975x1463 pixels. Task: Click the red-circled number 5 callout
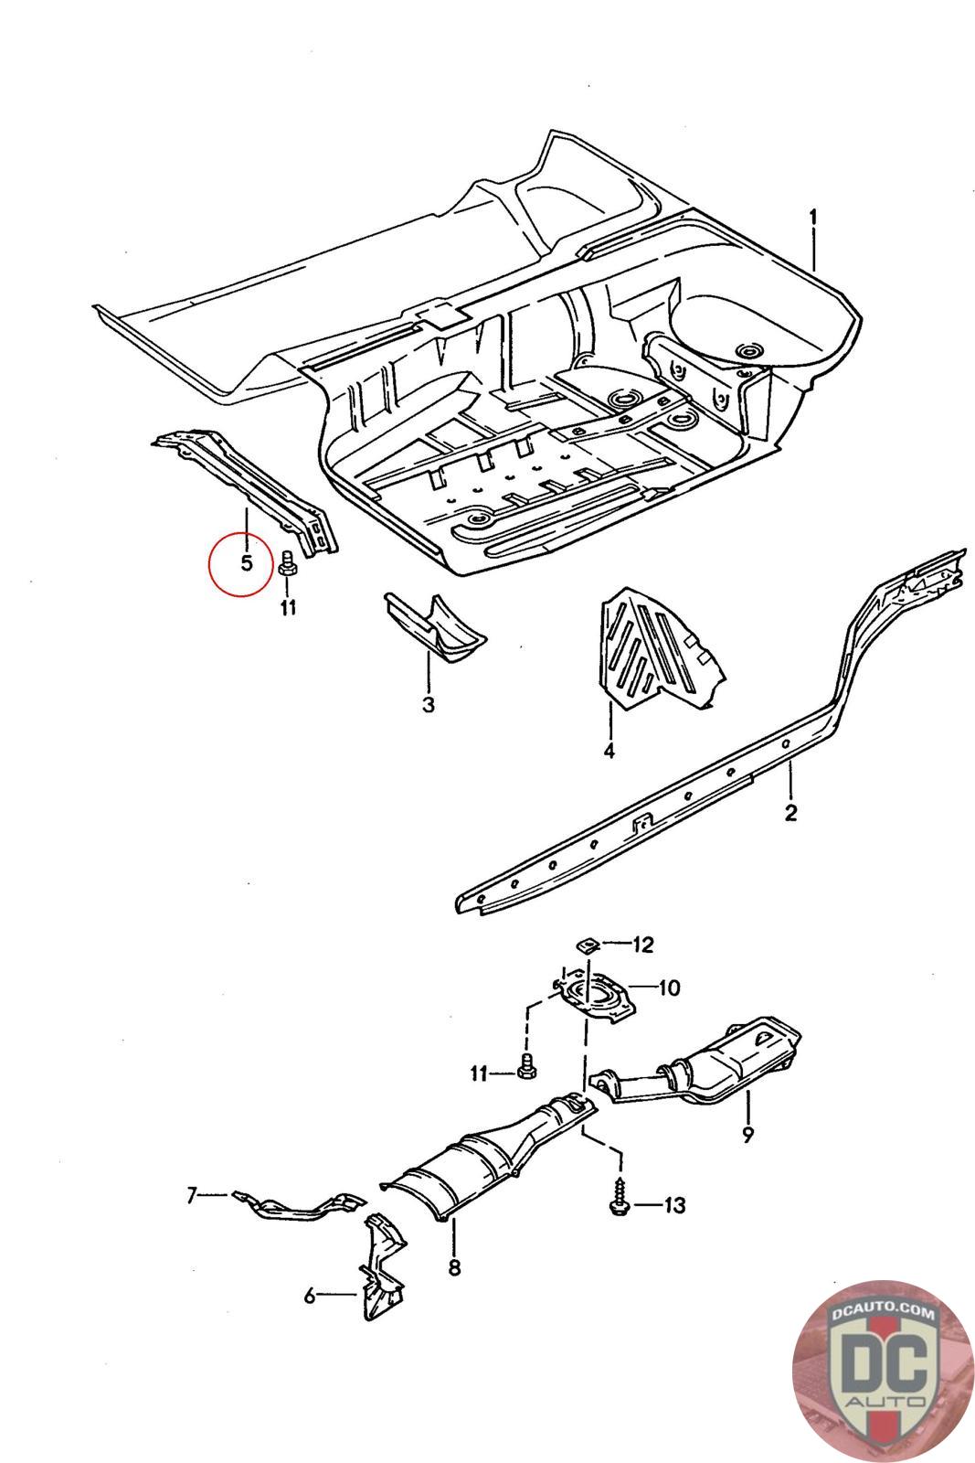click(x=246, y=562)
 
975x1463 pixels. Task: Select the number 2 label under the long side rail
click(x=790, y=812)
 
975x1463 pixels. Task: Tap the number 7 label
click(x=192, y=1194)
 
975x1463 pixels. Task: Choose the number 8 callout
click(x=454, y=1267)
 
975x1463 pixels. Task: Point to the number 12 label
click(x=643, y=945)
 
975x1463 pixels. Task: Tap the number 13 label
click(x=673, y=1206)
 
